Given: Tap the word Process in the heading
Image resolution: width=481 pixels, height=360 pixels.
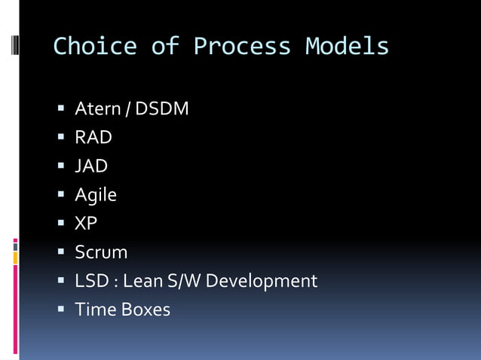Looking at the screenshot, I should coord(242,47).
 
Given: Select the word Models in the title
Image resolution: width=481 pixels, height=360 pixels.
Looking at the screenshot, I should coord(347,47).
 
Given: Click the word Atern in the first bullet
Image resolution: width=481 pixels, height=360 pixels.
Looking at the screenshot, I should coord(97,109).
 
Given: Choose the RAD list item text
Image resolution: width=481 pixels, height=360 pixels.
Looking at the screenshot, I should coord(93,138).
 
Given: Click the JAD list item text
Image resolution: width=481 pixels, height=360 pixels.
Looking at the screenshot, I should coord(91,166).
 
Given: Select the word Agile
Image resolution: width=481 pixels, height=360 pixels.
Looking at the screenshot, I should coord(96,195).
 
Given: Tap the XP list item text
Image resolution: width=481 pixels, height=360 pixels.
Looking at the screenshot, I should coord(86,224).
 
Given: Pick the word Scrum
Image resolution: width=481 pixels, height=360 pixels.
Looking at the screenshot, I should coord(101,252).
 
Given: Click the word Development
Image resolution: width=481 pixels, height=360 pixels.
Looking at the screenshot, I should coord(262,281).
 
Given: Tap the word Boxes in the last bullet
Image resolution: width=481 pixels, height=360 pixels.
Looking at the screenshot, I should coord(146,310).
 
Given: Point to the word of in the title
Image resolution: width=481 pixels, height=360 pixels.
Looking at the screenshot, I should coord(165,47).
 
